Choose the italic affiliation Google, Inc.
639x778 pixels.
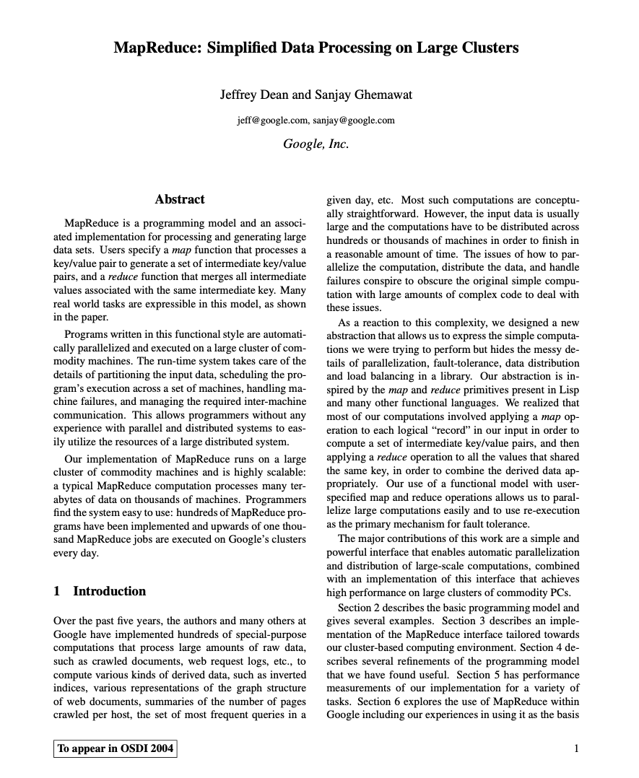[316, 144]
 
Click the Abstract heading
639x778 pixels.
[180, 199]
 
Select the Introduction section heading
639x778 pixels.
[109, 591]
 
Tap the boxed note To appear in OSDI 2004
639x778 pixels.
[116, 748]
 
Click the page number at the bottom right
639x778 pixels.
[576, 748]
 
